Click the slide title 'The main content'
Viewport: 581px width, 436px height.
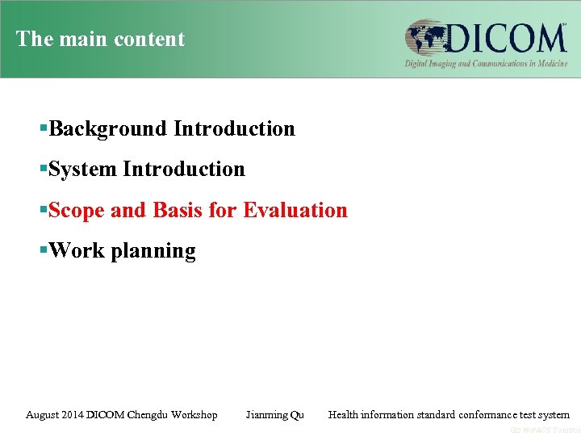click(100, 39)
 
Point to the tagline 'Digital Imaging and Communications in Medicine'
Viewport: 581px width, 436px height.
click(486, 63)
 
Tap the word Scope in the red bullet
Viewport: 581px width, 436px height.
click(77, 210)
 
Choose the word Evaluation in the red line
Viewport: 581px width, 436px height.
click(295, 210)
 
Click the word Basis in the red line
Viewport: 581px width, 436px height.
click(177, 210)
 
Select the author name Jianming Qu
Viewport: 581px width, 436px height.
click(274, 415)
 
